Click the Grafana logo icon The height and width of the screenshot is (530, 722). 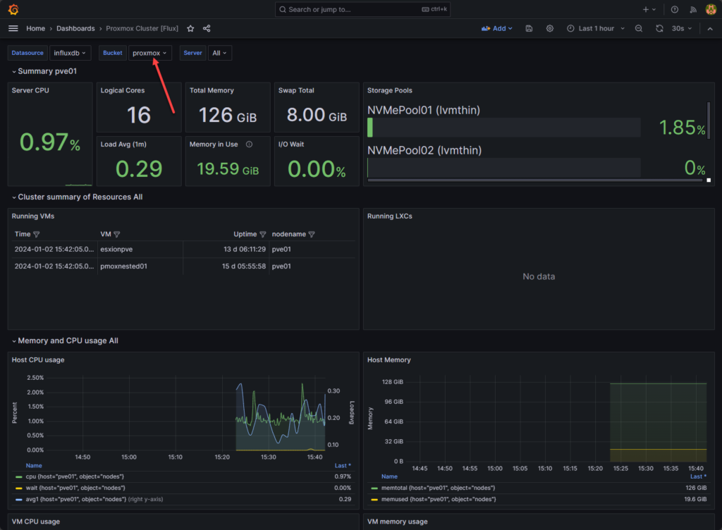point(13,9)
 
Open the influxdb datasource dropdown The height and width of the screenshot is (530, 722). point(71,53)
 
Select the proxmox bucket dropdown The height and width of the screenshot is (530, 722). point(149,53)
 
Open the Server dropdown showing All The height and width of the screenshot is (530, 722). point(220,53)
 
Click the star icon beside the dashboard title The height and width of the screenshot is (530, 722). point(190,29)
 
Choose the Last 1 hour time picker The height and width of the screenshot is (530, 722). point(590,28)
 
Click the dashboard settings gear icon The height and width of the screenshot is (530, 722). point(550,28)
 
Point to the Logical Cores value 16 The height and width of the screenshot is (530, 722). point(139,115)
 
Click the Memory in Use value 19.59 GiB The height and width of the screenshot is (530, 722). point(227,169)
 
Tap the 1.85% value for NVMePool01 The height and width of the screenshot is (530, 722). point(682,128)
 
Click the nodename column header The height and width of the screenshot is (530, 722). point(289,234)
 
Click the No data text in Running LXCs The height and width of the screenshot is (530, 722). point(538,276)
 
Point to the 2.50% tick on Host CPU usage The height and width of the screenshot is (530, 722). point(35,378)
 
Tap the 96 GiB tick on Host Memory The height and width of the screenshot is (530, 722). point(393,402)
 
